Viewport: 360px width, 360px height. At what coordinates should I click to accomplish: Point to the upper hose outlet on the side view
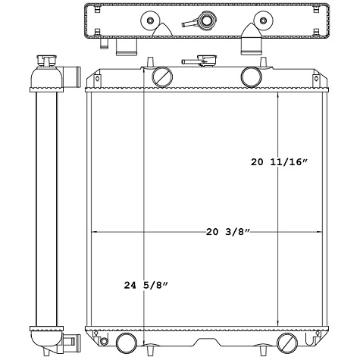pyautogui.click(x=73, y=76)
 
